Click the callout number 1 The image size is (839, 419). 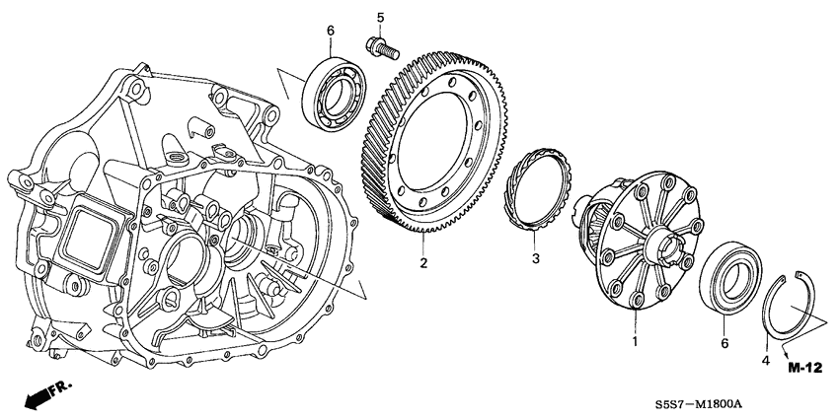635,341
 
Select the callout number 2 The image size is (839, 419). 422,263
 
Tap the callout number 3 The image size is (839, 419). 536,260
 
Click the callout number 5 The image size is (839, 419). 380,17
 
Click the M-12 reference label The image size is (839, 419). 804,368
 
